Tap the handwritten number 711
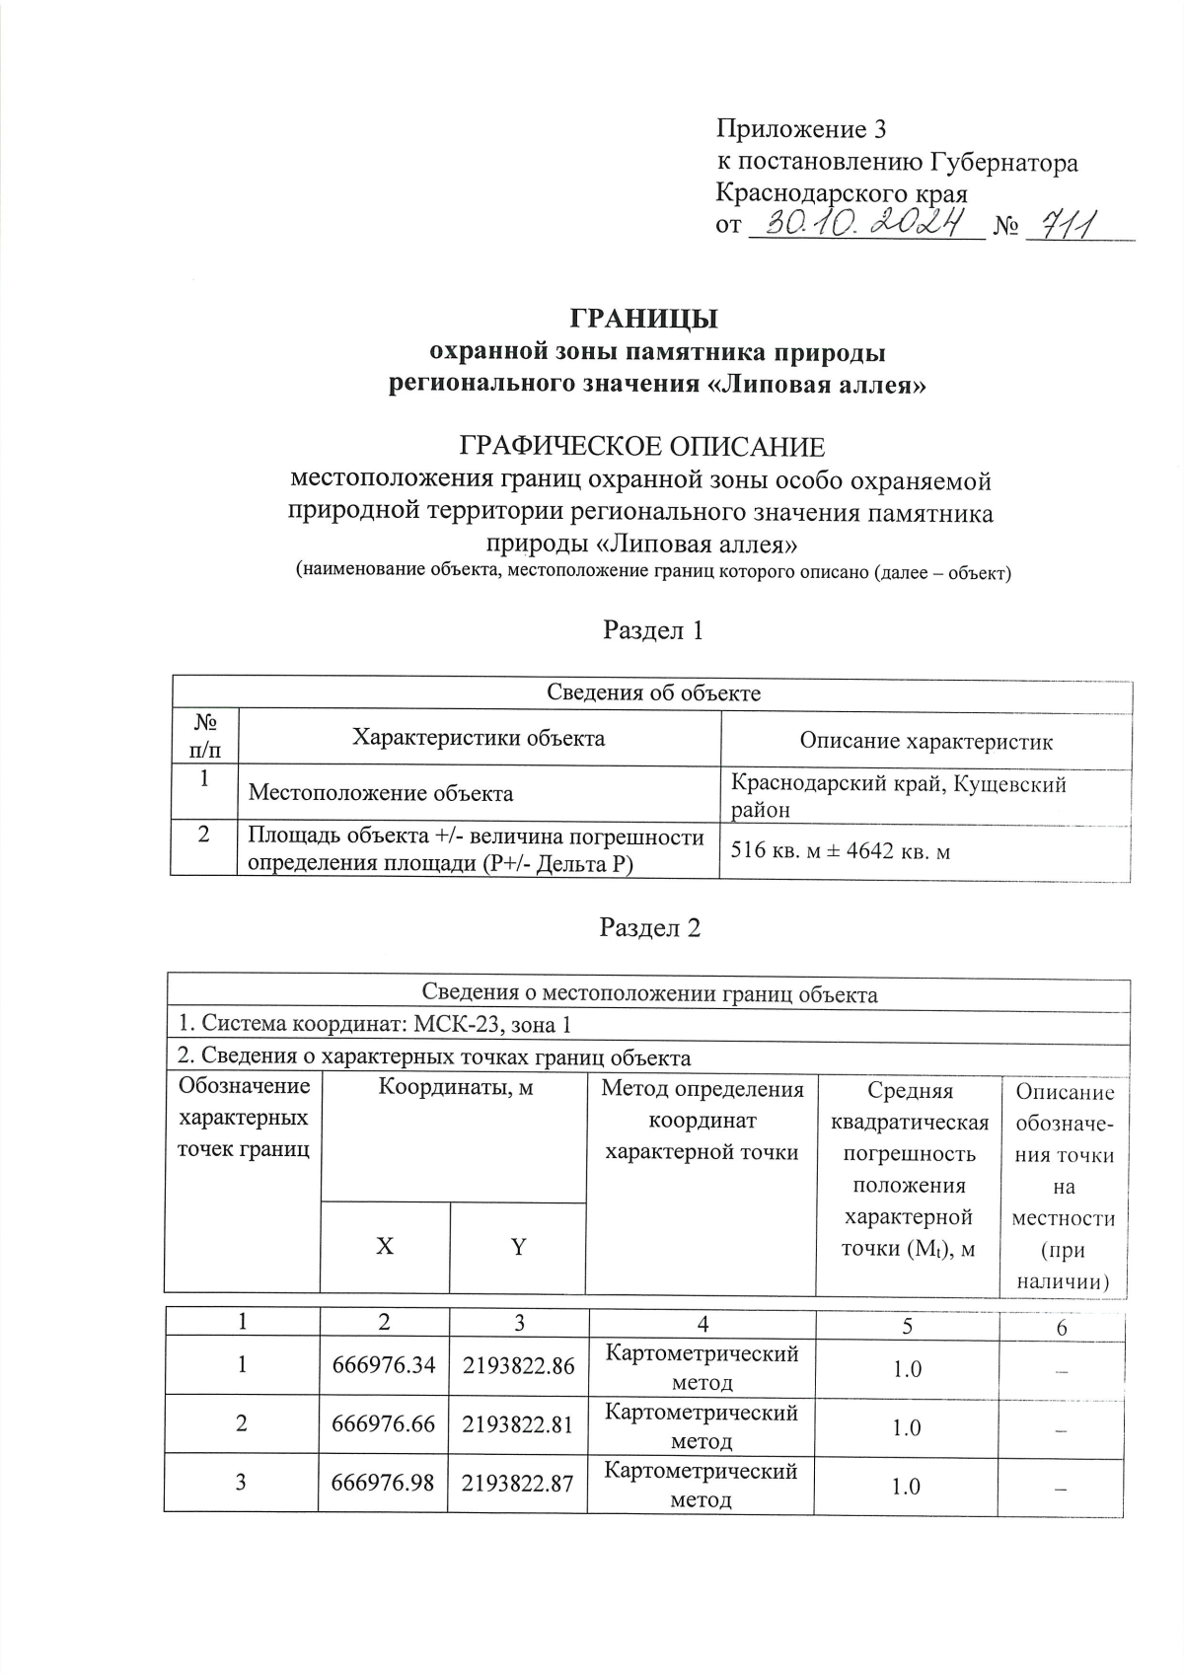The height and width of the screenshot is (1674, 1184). (1061, 226)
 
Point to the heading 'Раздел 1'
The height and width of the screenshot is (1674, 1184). (652, 630)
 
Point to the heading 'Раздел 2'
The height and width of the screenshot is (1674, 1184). (650, 927)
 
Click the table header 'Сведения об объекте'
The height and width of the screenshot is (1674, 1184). (653, 692)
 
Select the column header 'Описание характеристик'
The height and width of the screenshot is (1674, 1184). (925, 741)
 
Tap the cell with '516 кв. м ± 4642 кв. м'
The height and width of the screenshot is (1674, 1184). (840, 850)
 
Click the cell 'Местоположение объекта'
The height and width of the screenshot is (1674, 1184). (380, 793)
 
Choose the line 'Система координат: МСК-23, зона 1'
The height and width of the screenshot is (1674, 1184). (374, 1025)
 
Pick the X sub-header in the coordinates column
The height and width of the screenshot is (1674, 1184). (385, 1246)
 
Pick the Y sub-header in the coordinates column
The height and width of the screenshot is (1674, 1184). (518, 1247)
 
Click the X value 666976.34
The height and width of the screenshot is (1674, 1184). (384, 1366)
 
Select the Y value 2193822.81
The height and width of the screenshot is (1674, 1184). (518, 1424)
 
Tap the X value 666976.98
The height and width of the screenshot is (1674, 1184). (384, 1483)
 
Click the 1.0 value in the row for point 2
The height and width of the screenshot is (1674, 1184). (907, 1427)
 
